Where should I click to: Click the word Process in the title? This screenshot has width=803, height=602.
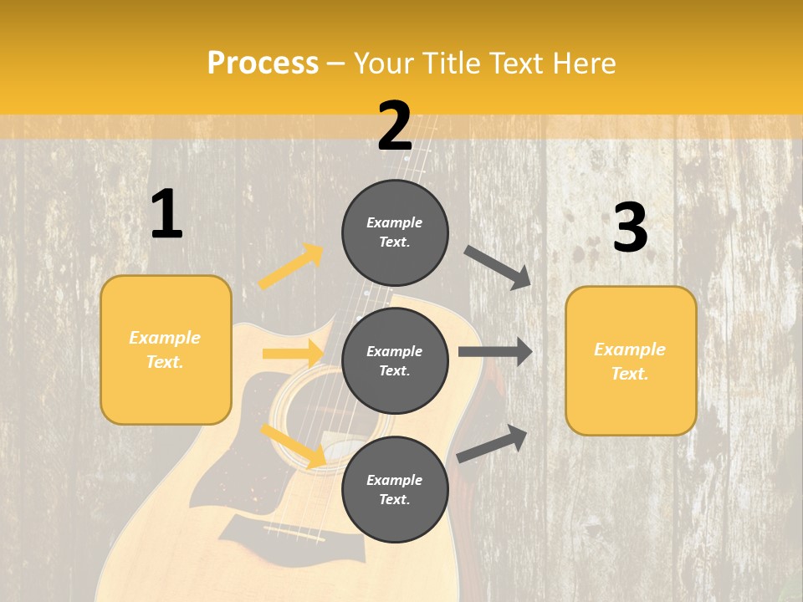(263, 63)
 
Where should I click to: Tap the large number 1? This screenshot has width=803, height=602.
(166, 214)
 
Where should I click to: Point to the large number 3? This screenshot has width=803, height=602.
(630, 227)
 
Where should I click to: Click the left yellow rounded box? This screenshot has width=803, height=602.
(166, 349)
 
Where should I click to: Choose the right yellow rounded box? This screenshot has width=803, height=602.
(631, 360)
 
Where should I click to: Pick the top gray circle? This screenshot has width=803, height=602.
(395, 232)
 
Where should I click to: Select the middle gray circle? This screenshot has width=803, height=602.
(395, 360)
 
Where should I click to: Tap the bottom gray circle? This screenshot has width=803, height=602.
(395, 489)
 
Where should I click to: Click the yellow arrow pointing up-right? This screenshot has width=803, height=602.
(291, 267)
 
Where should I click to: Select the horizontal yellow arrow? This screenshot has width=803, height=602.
(292, 354)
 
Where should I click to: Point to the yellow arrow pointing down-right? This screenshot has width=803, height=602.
(293, 445)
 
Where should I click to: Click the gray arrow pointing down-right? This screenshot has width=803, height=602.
(497, 267)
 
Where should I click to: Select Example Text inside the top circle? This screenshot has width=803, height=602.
(395, 232)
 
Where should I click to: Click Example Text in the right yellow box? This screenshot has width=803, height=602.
(630, 361)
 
